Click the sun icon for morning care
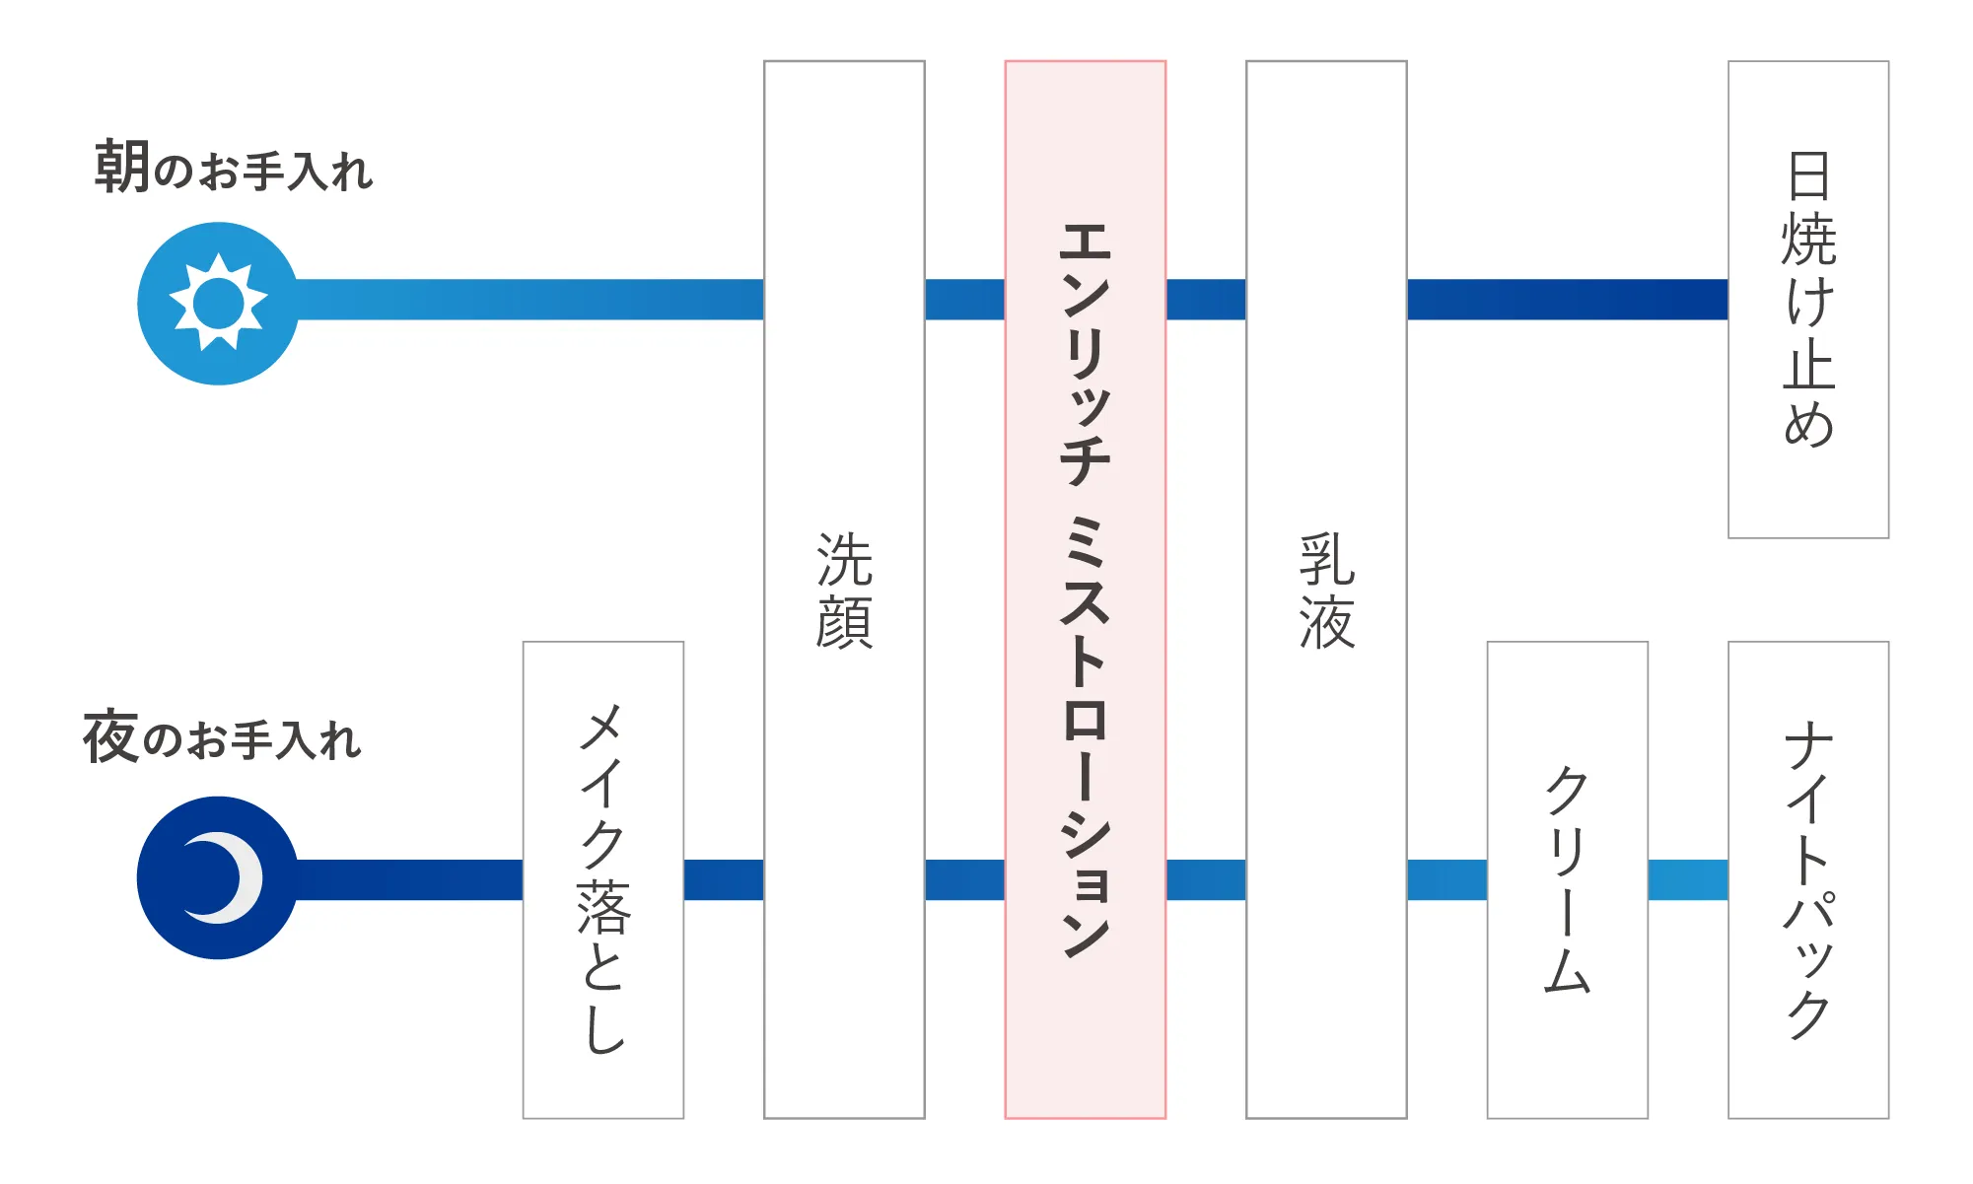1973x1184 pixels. pyautogui.click(x=218, y=303)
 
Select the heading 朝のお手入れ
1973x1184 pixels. pyautogui.click(x=234, y=167)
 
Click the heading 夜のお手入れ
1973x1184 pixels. pyautogui.click(x=222, y=736)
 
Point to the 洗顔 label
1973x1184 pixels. pyautogui.click(x=844, y=591)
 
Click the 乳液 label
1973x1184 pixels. pyautogui.click(x=1326, y=591)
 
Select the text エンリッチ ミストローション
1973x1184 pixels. pyautogui.click(x=1086, y=590)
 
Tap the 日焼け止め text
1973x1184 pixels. pyautogui.click(x=1808, y=299)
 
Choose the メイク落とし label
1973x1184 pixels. pyautogui.click(x=603, y=879)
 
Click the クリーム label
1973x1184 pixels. pyautogui.click(x=1568, y=879)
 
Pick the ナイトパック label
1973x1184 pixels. pyautogui.click(x=1808, y=879)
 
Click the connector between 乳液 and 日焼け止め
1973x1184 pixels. pyautogui.click(x=1568, y=300)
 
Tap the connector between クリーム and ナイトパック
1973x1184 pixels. pyautogui.click(x=1688, y=879)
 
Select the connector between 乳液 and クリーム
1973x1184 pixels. pyautogui.click(x=1447, y=879)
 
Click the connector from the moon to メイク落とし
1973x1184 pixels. pyautogui.click(x=410, y=879)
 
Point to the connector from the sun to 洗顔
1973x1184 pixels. pyautogui.click(x=530, y=300)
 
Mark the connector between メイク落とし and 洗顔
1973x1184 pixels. pyautogui.click(x=724, y=879)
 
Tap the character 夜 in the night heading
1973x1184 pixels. pyautogui.click(x=110, y=736)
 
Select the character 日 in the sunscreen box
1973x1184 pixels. pyautogui.click(x=1808, y=175)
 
